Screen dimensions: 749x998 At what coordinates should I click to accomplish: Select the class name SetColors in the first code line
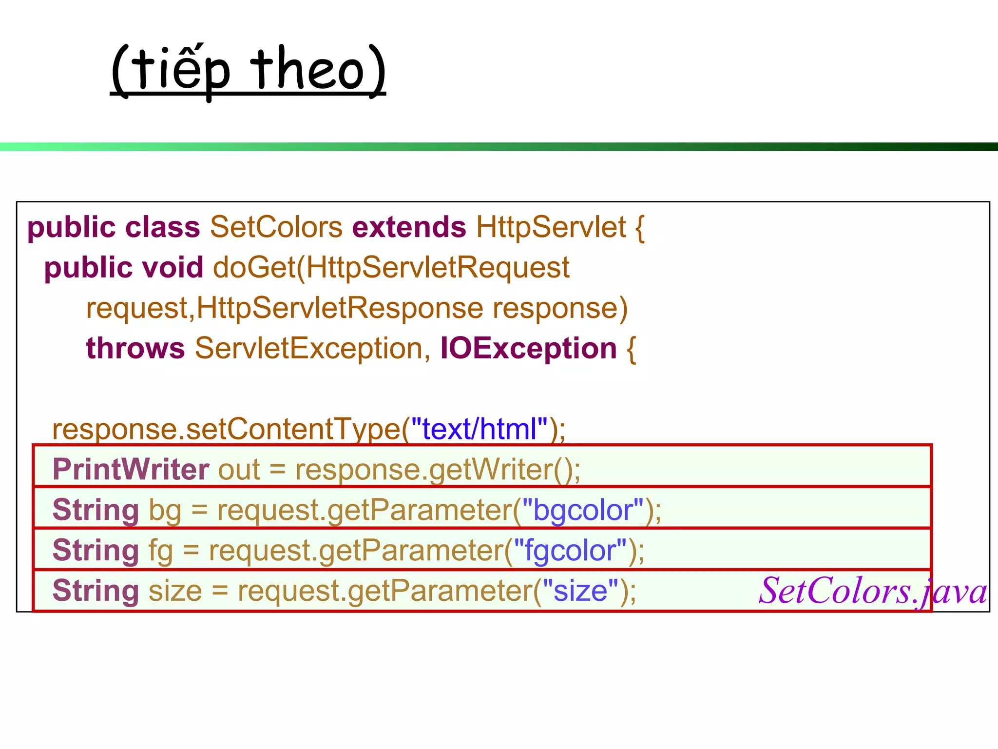[x=276, y=227]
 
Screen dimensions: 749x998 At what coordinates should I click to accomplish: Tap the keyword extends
[x=409, y=227]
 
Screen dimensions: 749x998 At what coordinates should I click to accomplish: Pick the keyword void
[x=173, y=268]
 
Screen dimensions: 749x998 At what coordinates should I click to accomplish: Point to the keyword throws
[x=135, y=348]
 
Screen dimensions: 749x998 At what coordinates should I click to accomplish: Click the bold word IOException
[x=529, y=348]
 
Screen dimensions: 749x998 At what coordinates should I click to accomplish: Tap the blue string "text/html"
[x=480, y=429]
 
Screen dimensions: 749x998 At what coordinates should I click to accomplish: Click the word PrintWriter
[x=131, y=470]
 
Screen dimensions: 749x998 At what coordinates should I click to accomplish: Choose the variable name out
[x=239, y=470]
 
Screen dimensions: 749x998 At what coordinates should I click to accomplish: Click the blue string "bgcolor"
[x=583, y=510]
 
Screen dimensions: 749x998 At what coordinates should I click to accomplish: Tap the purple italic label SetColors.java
[x=872, y=591]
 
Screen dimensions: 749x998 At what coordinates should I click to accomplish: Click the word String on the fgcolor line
[x=96, y=551]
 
